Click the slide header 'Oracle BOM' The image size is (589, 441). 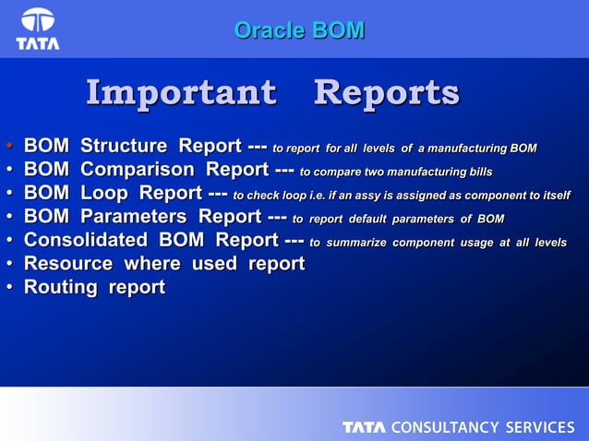pyautogui.click(x=298, y=30)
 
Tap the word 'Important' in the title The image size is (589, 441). pyautogui.click(x=181, y=93)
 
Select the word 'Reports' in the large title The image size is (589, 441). pyautogui.click(x=386, y=93)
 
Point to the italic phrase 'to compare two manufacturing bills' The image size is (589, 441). pyautogui.click(x=396, y=173)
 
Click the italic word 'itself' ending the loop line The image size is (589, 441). pyautogui.click(x=553, y=196)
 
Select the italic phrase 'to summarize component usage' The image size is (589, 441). pyautogui.click(x=409, y=243)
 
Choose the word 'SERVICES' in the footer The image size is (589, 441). pyautogui.click(x=539, y=427)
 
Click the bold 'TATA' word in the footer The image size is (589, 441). pyautogui.click(x=365, y=427)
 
